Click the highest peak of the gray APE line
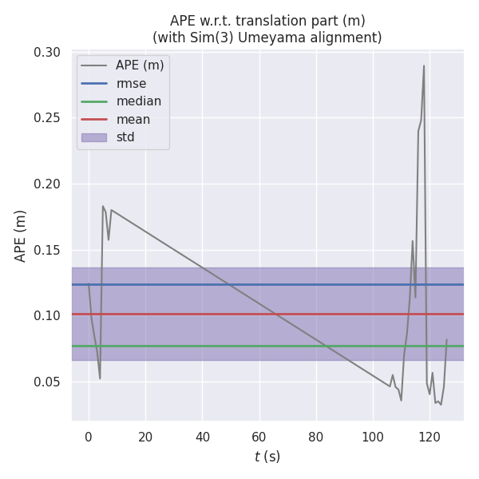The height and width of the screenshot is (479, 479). point(424,65)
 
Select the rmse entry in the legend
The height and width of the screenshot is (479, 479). point(131,83)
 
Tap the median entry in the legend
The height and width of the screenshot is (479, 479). point(138,101)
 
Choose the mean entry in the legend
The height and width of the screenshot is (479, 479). point(133,120)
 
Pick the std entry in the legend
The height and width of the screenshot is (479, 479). point(125,137)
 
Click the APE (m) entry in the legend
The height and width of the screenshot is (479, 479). point(141,65)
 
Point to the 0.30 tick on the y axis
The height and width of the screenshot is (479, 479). point(47,53)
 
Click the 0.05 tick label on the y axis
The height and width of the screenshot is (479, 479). point(47,382)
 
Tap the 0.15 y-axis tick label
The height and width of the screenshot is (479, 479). point(47,250)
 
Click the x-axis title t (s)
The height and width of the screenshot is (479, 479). point(267,457)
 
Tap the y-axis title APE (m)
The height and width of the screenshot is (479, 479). point(22,236)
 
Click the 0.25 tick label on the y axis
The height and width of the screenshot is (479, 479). point(47,118)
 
